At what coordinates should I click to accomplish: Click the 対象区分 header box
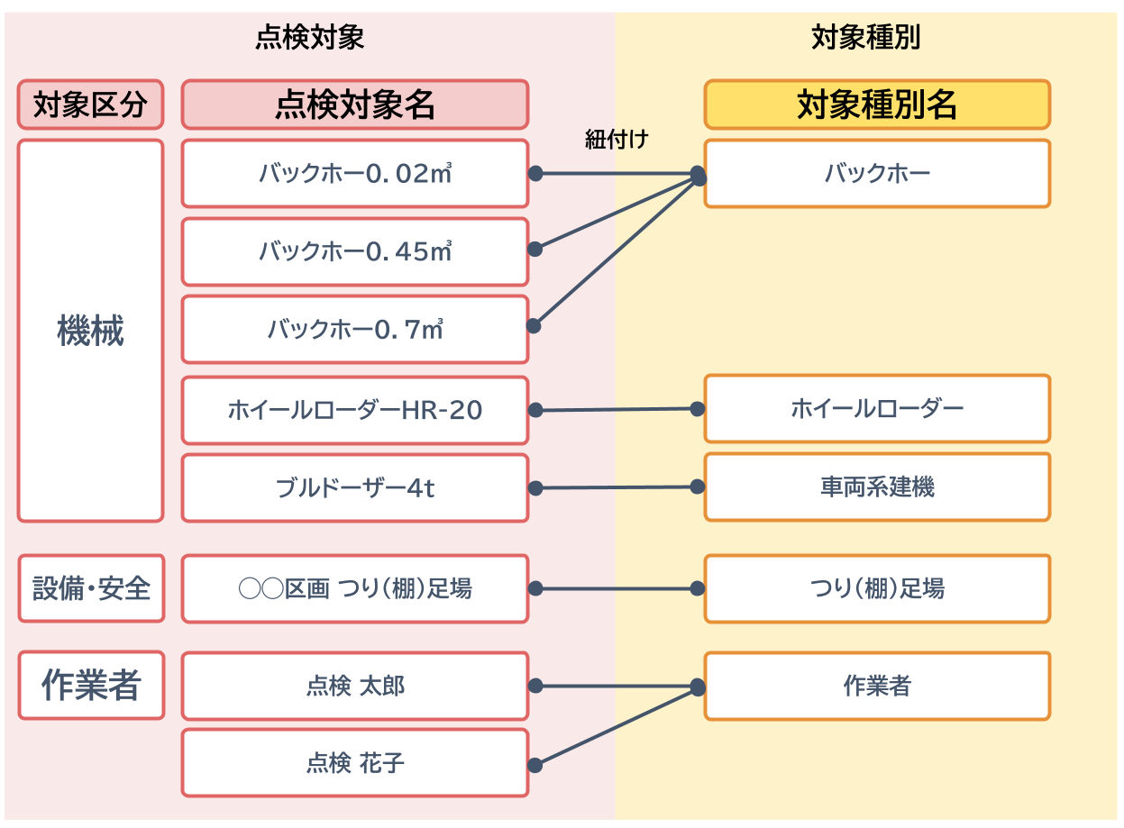pos(90,105)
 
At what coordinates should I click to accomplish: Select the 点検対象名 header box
pos(354,105)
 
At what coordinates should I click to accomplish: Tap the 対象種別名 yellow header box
pos(877,105)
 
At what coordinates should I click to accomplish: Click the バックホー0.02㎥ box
pos(354,173)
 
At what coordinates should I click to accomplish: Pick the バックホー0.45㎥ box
pos(354,251)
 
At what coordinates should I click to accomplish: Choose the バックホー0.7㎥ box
pos(354,330)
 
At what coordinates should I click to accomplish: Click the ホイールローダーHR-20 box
pos(354,410)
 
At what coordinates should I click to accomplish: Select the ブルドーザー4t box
pos(354,488)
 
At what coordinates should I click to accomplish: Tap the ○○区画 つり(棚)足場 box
pos(354,589)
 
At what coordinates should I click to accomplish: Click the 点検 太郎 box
pos(354,687)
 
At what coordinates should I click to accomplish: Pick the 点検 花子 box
pos(354,763)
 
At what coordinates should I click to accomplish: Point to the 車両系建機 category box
pos(877,487)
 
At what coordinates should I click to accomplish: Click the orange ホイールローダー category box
pos(877,409)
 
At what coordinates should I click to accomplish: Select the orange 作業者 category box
pos(877,687)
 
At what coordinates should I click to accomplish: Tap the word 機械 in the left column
pos(90,332)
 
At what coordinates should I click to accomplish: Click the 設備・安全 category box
pos(91,589)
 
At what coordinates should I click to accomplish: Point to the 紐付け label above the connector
pos(617,140)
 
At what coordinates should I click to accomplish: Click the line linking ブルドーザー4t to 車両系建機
pos(616,487)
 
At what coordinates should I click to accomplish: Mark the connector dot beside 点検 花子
pos(535,765)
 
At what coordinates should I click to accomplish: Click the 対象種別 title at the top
pos(865,38)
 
